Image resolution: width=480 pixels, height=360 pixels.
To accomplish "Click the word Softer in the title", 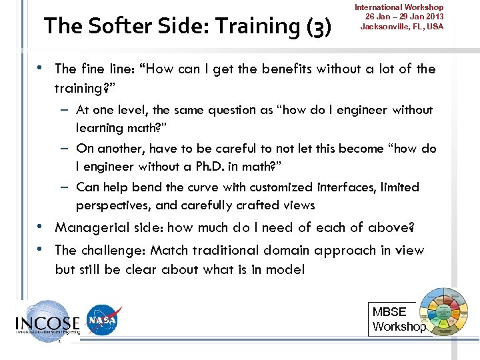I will (113, 26).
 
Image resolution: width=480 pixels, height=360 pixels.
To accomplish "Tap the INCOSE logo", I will (47, 322).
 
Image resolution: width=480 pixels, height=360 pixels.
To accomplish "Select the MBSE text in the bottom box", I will (389, 312).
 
